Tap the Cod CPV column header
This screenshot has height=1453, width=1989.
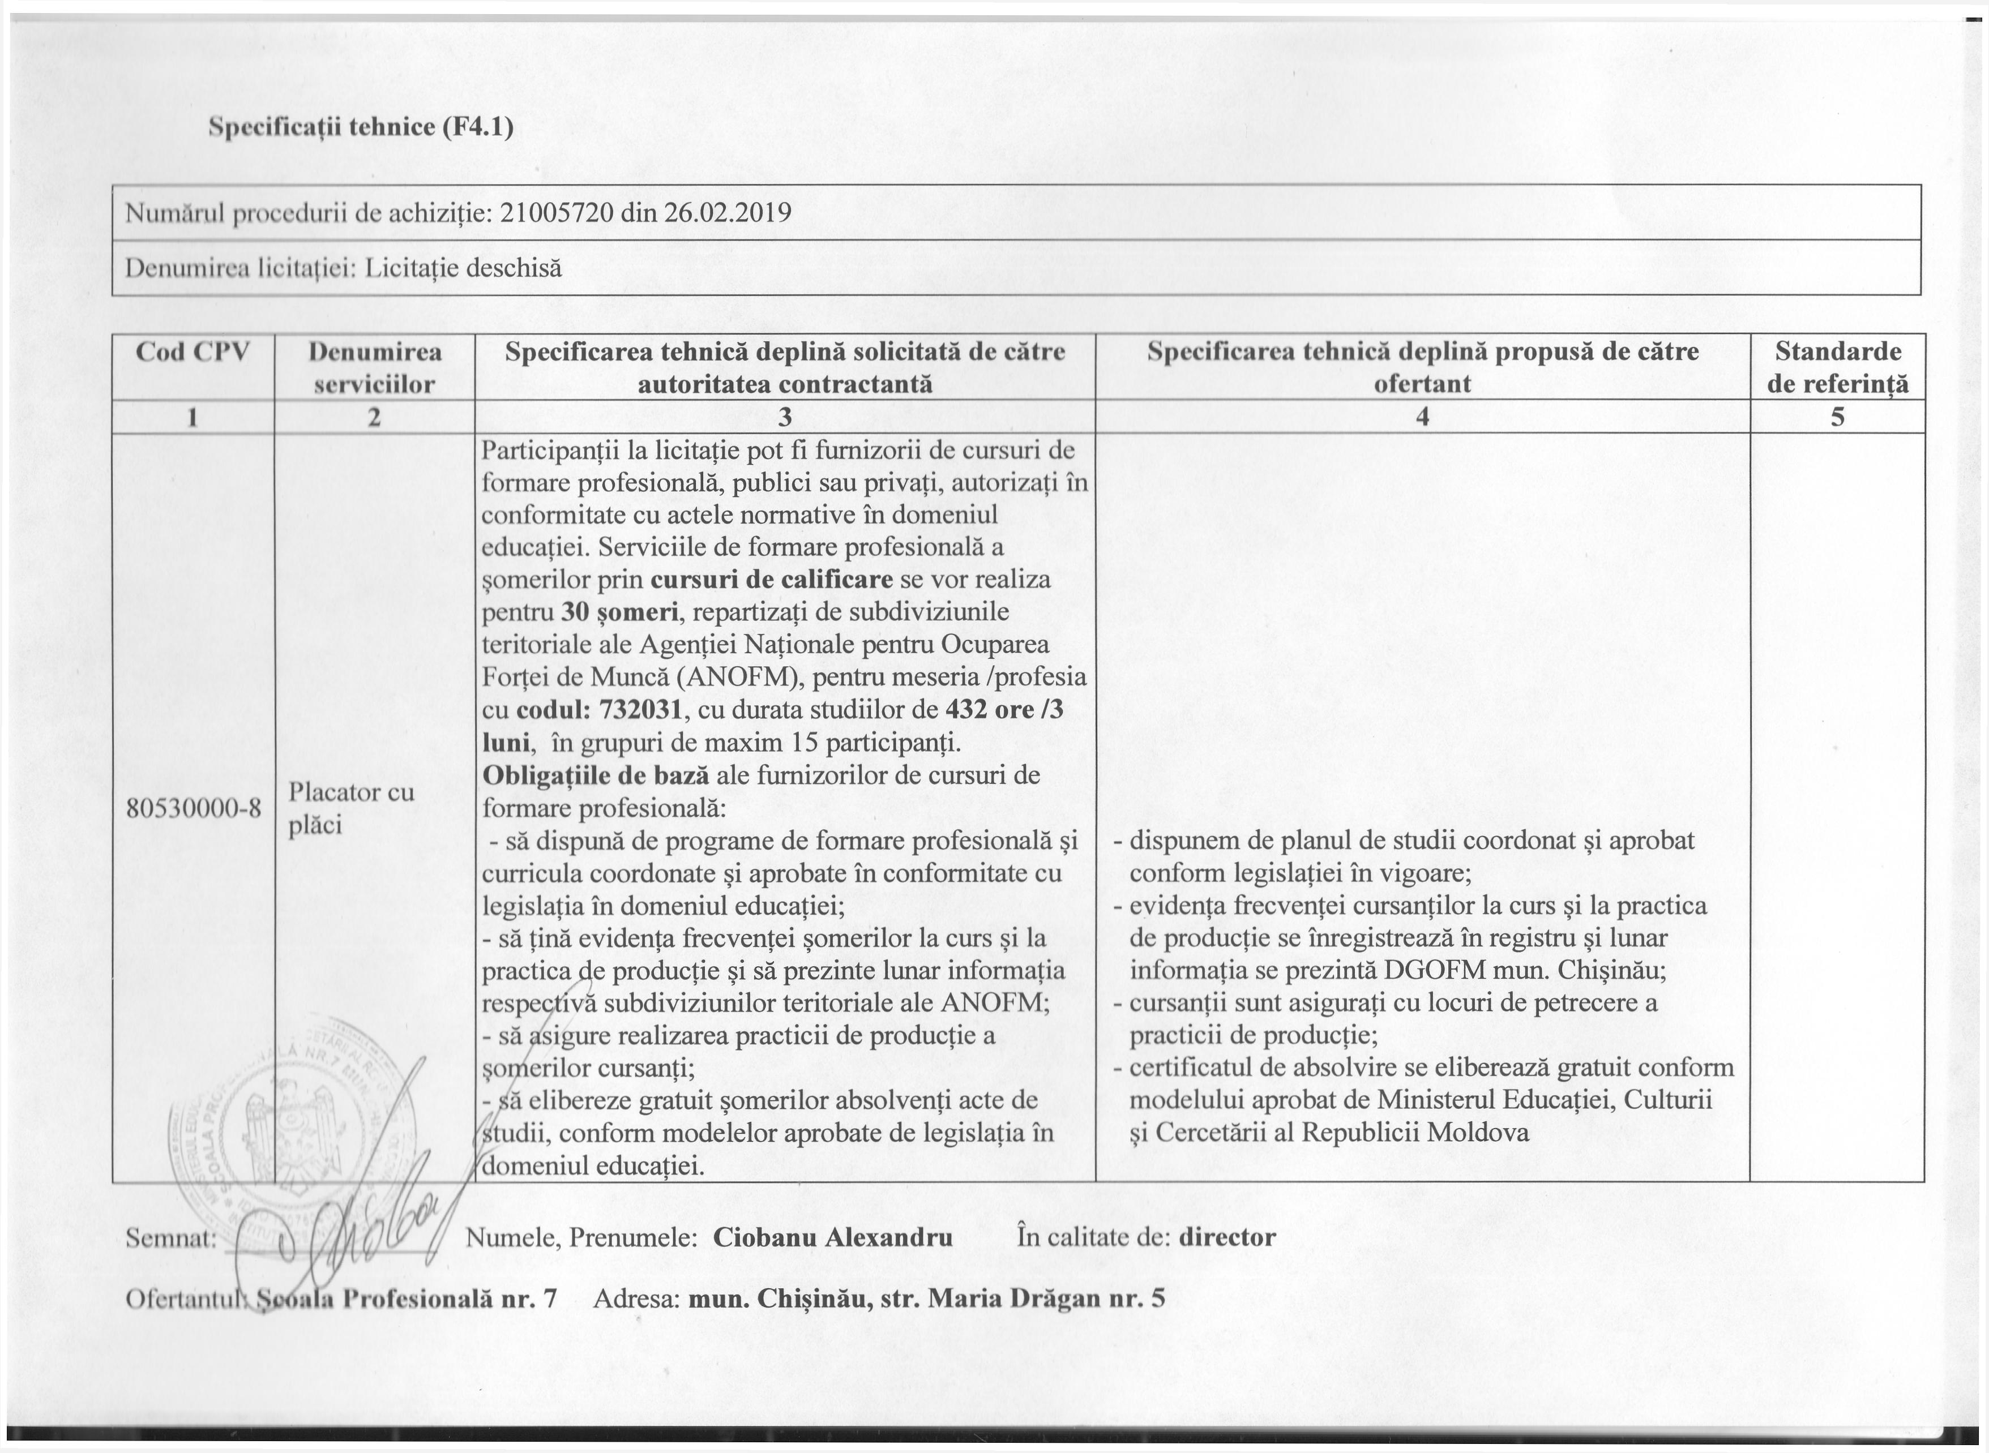pyautogui.click(x=193, y=353)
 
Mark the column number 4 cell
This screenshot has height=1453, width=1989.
pyautogui.click(x=1422, y=417)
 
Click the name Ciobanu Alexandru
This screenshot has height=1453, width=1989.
pyautogui.click(x=832, y=1237)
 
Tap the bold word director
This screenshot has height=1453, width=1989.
pyautogui.click(x=1227, y=1237)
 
